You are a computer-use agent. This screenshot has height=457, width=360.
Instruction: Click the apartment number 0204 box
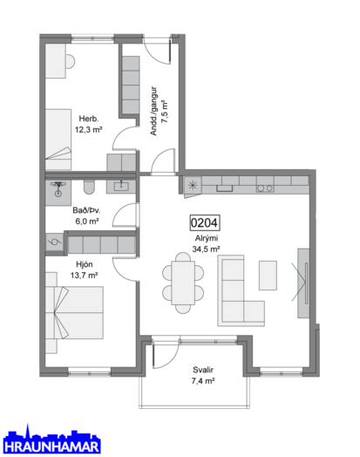(205, 223)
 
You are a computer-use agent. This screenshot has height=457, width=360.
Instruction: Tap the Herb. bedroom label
(89, 119)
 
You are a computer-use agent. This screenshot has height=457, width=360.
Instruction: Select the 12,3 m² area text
(89, 130)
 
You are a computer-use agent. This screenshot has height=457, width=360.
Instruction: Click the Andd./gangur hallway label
(153, 111)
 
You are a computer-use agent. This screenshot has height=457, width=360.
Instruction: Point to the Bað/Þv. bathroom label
(86, 210)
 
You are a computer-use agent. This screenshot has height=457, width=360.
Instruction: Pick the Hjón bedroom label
(85, 264)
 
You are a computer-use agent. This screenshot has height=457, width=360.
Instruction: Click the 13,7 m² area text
(85, 275)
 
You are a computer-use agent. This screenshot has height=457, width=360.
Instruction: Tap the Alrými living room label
(207, 238)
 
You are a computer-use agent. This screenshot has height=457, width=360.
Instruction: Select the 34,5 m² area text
(206, 249)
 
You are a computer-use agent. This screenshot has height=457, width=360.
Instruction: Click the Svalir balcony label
(203, 370)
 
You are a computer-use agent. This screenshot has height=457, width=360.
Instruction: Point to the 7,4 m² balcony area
(203, 381)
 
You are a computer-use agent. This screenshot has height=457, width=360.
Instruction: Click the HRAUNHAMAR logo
(51, 440)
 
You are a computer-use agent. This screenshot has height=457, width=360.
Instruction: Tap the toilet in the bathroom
(89, 188)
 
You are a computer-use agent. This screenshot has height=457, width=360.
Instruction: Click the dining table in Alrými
(183, 283)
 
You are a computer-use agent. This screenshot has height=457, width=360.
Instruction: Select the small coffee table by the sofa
(268, 276)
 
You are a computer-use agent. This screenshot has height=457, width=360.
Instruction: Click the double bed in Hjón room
(75, 313)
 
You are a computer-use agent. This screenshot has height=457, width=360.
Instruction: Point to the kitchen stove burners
(265, 188)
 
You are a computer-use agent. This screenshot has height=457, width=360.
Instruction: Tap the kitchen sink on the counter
(224, 188)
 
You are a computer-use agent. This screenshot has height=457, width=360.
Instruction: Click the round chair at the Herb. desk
(71, 62)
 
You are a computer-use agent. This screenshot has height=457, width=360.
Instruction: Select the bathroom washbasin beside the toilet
(121, 186)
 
